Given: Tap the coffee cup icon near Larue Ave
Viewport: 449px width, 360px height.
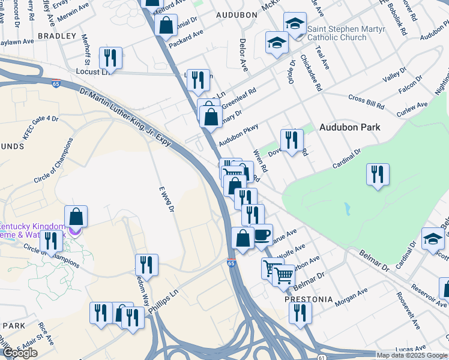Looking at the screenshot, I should tap(262, 235).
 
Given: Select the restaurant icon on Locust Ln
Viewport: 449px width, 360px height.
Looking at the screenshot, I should tap(110, 58).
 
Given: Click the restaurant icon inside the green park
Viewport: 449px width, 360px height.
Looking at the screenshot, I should tap(378, 175).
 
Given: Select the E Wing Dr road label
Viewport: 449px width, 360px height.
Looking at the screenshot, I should tap(166, 199).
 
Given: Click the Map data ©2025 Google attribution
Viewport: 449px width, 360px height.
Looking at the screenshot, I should tap(412, 355).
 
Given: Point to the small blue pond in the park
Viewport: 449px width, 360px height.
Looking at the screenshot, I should tap(347, 209).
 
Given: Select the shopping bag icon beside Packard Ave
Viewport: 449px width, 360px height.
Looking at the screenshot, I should tap(166, 26).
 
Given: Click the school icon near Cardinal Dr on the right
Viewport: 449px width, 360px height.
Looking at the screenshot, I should tap(433, 239).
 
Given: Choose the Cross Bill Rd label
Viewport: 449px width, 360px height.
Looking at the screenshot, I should tap(366, 102).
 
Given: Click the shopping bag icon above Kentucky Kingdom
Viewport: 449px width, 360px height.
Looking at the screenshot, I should tap(76, 217).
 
